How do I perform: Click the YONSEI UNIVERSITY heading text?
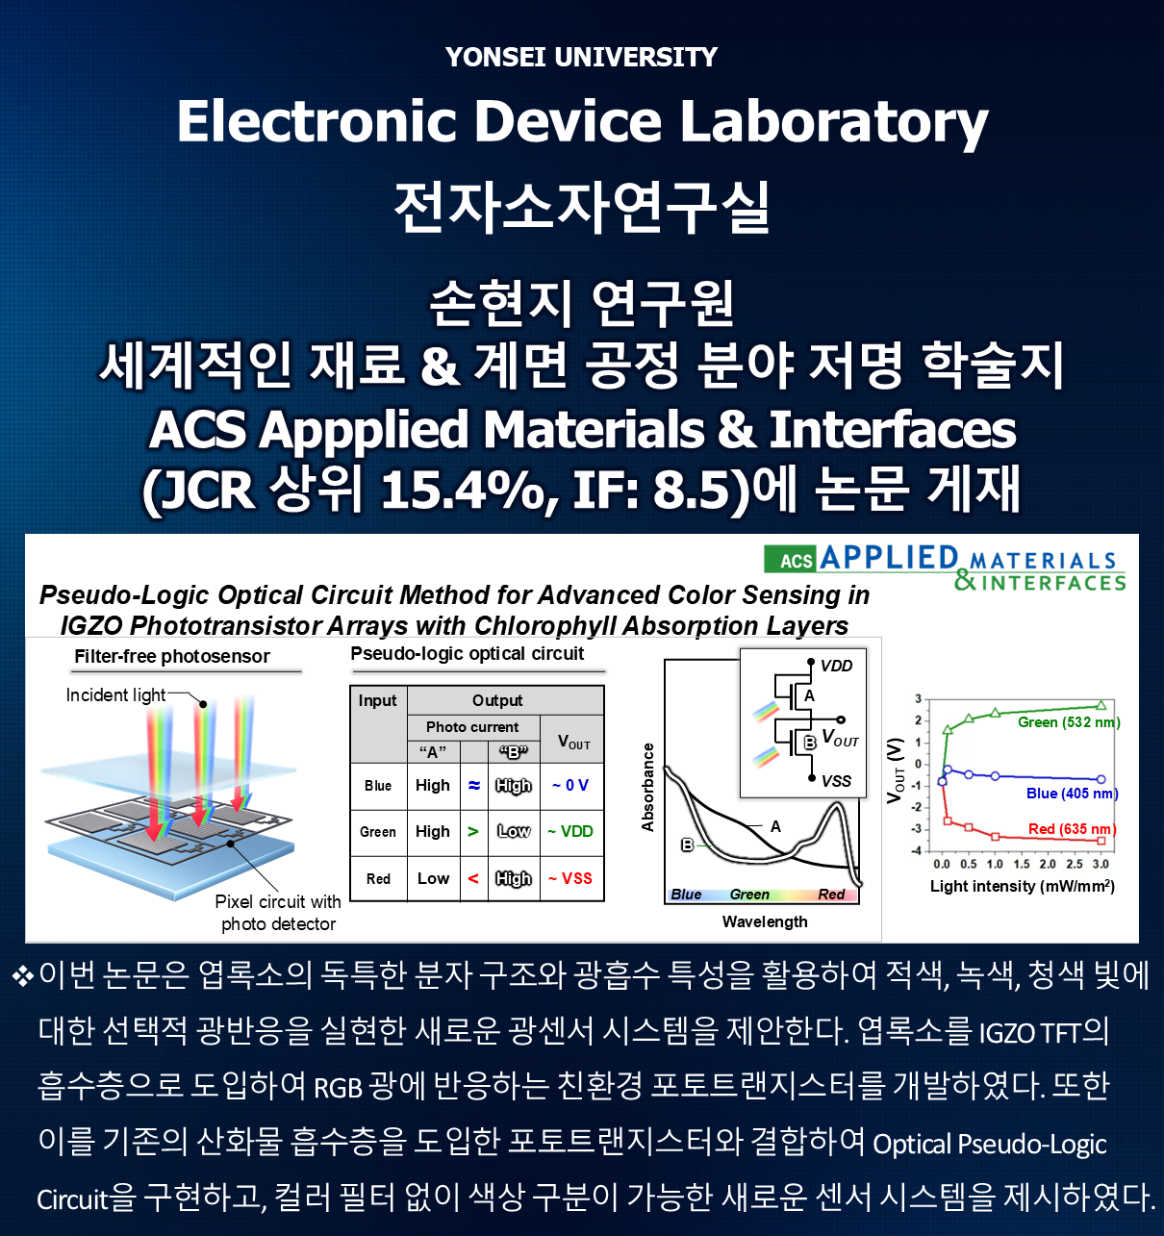581,58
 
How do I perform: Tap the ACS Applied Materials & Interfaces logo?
945,567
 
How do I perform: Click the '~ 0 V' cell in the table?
570,786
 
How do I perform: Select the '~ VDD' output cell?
570,831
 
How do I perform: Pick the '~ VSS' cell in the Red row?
570,878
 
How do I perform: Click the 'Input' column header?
377,701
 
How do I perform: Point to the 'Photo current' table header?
471,727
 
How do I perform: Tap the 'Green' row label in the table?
378,832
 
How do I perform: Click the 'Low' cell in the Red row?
433,878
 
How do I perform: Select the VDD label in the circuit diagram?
836,666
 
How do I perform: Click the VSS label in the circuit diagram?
835,781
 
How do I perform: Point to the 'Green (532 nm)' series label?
1069,722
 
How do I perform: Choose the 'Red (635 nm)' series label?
1072,829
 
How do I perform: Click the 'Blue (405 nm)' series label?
1072,794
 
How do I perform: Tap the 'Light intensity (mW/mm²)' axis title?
1022,886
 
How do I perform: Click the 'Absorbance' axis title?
648,787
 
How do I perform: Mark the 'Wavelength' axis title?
765,921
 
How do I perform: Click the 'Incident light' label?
115,695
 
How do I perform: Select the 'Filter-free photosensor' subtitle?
172,657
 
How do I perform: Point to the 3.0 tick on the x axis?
1101,864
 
